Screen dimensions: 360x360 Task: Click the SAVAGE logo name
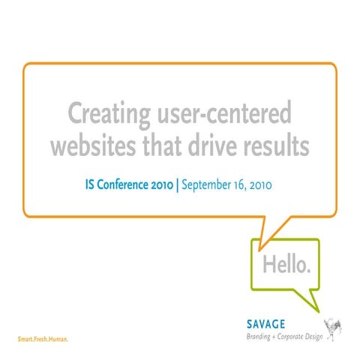pos(266,324)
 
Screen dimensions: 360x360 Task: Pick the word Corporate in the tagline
pos(297,337)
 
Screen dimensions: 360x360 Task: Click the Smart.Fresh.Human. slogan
pos(43,339)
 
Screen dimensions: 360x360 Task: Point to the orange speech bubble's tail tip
pos(259,248)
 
